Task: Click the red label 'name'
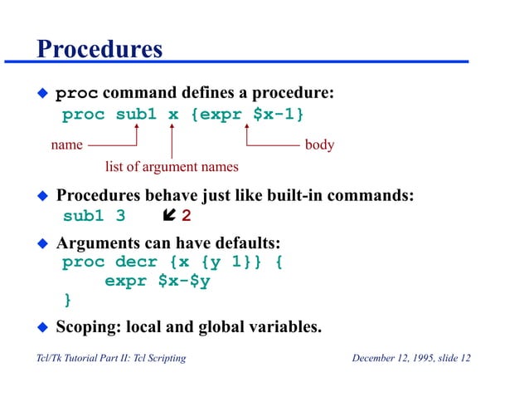coord(66,145)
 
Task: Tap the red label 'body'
coord(319,145)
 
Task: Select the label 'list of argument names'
coord(172,167)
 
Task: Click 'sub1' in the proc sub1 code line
coord(135,114)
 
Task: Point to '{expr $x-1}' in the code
coord(247,114)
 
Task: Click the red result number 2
coord(186,217)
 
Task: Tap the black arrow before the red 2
coord(168,217)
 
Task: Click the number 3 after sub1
coord(120,217)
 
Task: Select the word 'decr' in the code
coord(136,262)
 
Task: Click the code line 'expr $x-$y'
coord(157,281)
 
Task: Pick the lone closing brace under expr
coord(68,299)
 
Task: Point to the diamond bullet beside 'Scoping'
coord(42,326)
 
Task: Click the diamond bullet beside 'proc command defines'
coord(42,93)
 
